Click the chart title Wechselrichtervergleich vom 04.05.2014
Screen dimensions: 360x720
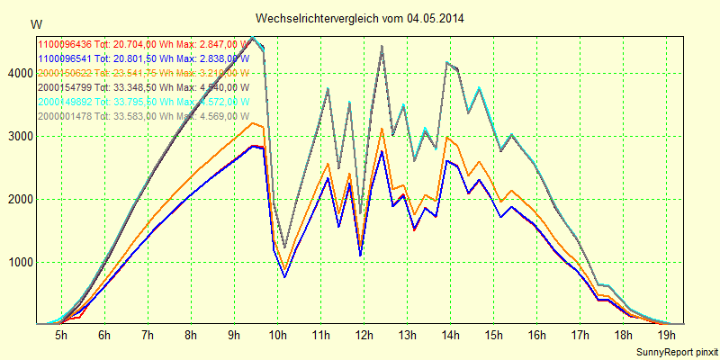tap(360, 18)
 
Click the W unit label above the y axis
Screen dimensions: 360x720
tap(35, 23)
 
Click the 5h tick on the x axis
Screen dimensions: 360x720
tap(61, 335)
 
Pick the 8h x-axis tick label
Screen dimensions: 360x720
tap(191, 335)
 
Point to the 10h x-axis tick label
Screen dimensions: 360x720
tap(277, 335)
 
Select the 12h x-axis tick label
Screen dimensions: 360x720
tap(364, 335)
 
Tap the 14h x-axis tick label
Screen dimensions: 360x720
tap(450, 335)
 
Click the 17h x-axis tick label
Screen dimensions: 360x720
tap(580, 335)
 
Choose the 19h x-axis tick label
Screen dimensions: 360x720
tap(666, 335)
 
